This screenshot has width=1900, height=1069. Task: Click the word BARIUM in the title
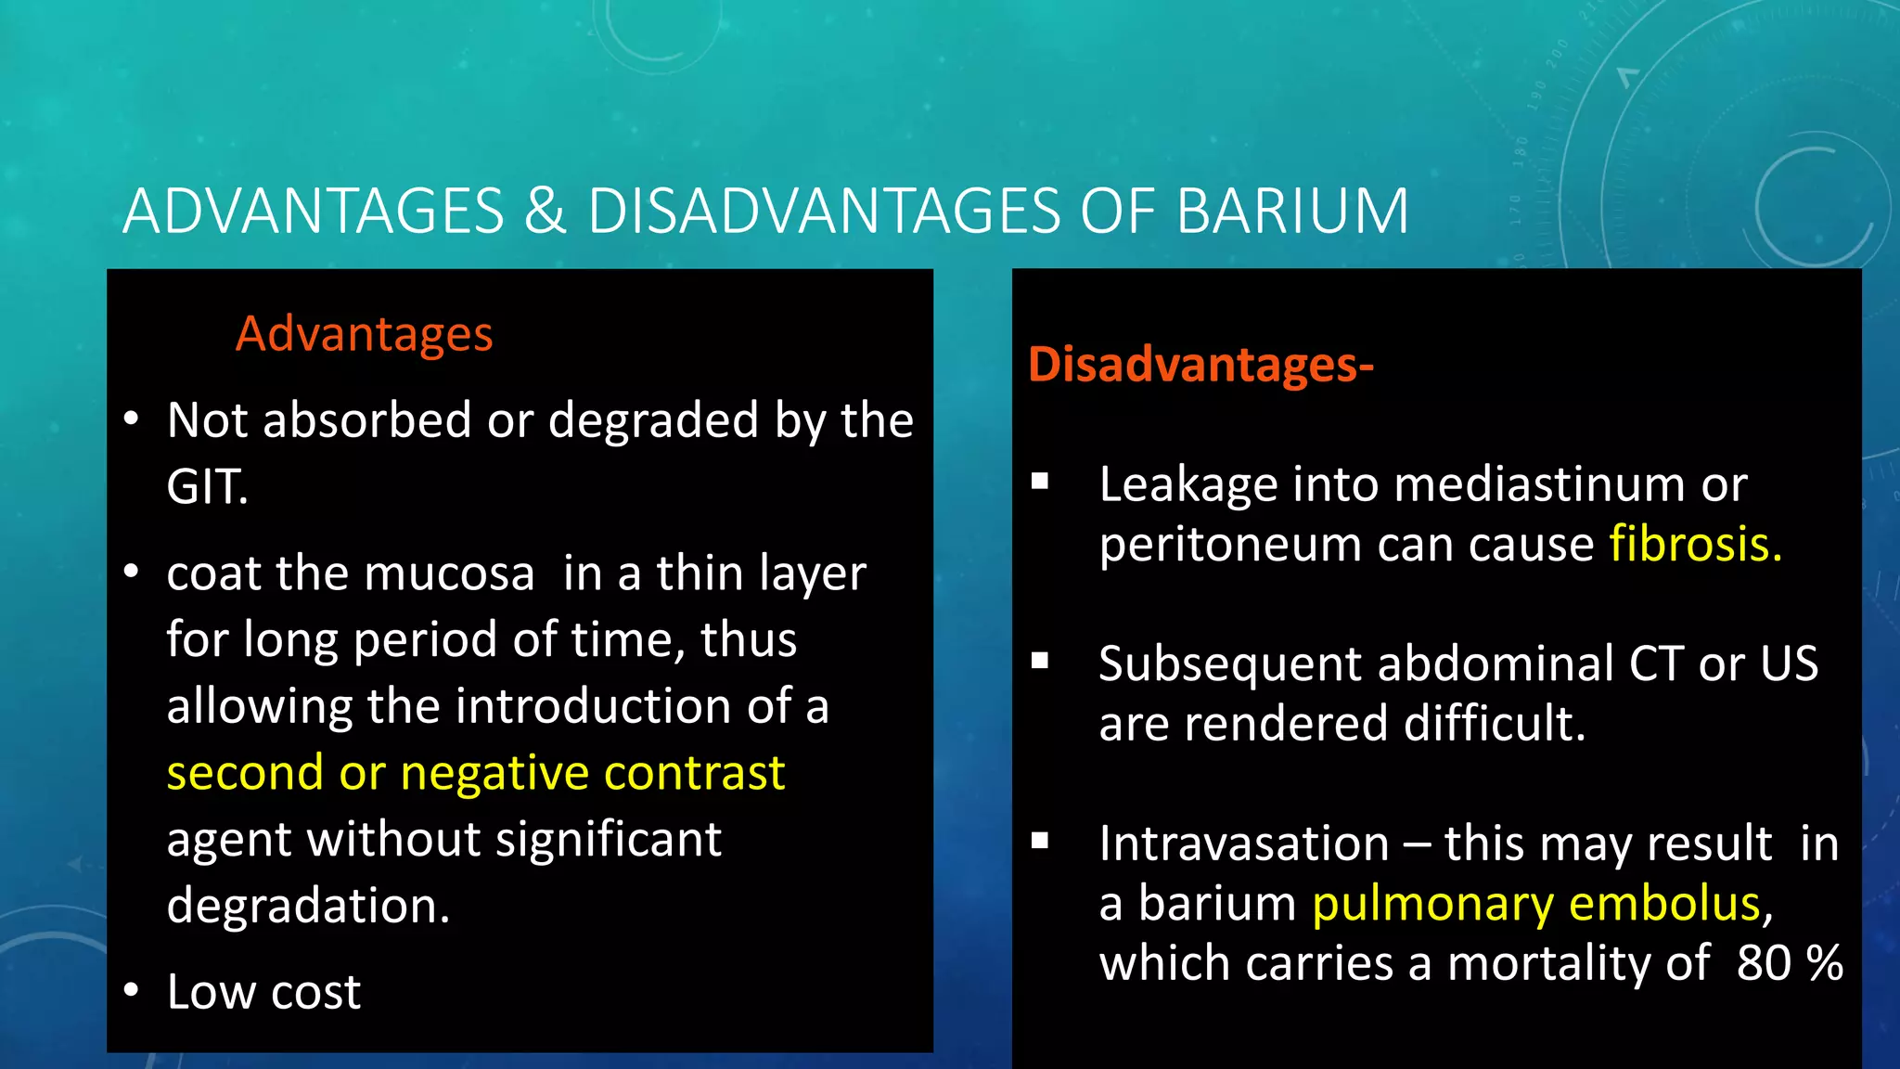point(1292,212)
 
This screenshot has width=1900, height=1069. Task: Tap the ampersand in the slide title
point(545,212)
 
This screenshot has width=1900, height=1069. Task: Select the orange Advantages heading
point(364,334)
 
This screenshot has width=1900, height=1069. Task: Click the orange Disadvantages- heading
point(1200,365)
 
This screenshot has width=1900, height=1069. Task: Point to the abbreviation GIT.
point(207,487)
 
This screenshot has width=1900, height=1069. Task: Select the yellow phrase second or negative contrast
point(475,773)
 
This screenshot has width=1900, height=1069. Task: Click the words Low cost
point(263,992)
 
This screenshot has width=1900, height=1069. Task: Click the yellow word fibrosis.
point(1694,545)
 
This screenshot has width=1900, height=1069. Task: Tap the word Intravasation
point(1243,844)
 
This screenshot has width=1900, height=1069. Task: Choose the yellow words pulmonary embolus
point(1536,904)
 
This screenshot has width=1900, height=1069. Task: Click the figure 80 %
point(1789,963)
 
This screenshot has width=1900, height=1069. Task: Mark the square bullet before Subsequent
point(1040,661)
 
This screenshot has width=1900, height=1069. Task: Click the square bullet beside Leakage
point(1040,481)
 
